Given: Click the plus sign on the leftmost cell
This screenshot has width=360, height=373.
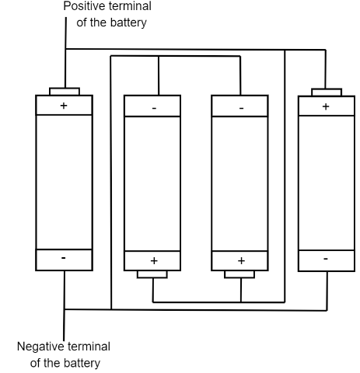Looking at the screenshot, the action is point(64,106).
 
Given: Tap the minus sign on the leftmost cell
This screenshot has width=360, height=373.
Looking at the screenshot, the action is point(64,258).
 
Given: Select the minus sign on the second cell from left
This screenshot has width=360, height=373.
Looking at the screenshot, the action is point(154,108).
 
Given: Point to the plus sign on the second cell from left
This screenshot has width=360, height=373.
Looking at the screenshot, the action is point(154,260).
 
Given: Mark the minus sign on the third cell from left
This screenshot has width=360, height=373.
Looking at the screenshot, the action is point(241,108).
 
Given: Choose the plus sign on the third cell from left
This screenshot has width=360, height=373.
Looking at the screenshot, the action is point(241,260).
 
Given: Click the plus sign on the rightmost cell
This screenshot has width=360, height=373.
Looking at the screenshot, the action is point(326,106).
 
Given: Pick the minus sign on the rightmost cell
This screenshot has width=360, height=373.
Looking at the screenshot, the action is point(326,259).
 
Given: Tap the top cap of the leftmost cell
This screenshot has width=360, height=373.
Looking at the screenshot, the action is point(65,92).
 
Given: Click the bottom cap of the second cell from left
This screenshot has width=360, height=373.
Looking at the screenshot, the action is point(152,274).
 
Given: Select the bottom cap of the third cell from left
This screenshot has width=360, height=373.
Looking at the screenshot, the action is point(239,274).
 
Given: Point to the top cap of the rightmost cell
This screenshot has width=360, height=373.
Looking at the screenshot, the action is point(327,92).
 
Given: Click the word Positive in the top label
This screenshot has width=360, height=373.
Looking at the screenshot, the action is point(82,6).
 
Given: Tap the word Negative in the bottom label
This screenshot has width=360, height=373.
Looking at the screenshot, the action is point(41,347).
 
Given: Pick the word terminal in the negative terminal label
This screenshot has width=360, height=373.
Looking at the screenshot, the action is point(89,347).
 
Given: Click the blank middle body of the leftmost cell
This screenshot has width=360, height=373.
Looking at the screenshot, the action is point(64,182).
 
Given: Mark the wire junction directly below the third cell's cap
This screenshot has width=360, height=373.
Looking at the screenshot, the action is point(241,302).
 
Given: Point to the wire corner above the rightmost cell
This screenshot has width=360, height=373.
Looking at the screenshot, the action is point(326,50).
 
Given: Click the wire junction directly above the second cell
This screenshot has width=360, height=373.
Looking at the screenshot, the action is point(159,56).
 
